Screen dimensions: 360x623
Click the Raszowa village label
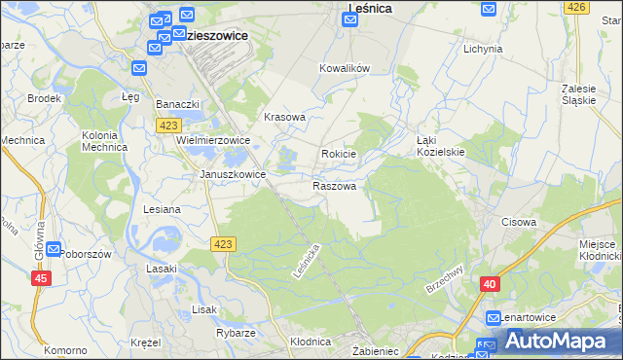(334, 185)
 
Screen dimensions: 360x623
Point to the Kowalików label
(346, 69)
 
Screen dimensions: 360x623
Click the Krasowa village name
(285, 117)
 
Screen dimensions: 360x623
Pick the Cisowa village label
(519, 222)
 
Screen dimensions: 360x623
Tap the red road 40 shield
(490, 283)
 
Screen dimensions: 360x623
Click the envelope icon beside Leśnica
(349, 19)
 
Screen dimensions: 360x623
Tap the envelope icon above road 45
(53, 249)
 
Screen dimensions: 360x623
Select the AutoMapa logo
(556, 342)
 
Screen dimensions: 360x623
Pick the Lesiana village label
(162, 209)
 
